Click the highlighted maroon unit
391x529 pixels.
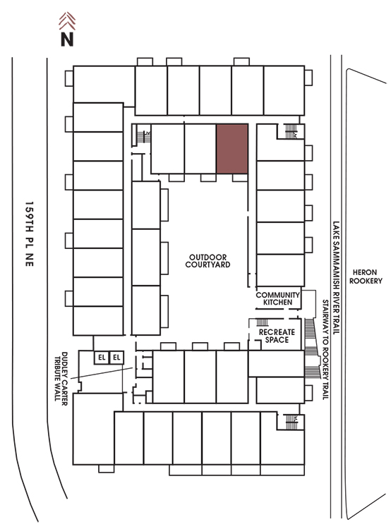[x=232, y=149]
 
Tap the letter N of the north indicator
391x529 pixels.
[x=67, y=39]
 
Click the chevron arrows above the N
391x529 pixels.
[x=67, y=21]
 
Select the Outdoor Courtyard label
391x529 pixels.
[x=207, y=261]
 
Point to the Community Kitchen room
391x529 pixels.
[x=278, y=298]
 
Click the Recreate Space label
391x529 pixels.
[x=277, y=336]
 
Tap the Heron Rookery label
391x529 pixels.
[x=366, y=276]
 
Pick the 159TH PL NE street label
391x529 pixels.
[x=30, y=234]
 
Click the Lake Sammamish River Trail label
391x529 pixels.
[x=336, y=277]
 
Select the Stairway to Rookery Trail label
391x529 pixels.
[x=325, y=350]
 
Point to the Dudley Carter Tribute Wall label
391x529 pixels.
[x=61, y=378]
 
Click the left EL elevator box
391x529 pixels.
[x=102, y=358]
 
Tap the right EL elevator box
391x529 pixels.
[x=116, y=358]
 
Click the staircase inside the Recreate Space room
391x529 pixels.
[x=263, y=322]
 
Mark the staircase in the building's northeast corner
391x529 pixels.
[x=291, y=131]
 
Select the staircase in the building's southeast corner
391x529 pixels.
[x=291, y=422]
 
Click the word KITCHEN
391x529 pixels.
[x=278, y=303]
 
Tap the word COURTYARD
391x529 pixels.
[x=207, y=264]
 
